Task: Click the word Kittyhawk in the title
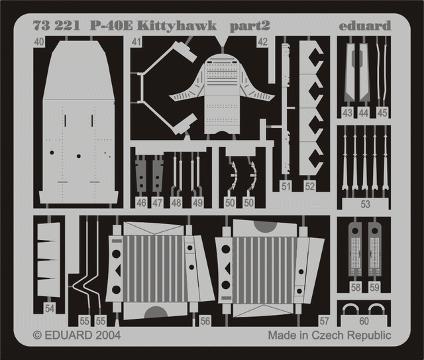click(177, 27)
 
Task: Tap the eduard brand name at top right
click(365, 26)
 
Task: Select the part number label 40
click(40, 42)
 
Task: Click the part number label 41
click(136, 42)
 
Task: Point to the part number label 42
click(262, 42)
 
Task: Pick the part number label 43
click(347, 113)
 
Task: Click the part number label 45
click(382, 113)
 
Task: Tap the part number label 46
click(141, 203)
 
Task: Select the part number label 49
click(197, 203)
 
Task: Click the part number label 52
click(310, 186)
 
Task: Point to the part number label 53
click(365, 204)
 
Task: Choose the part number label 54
click(50, 308)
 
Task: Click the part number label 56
click(205, 321)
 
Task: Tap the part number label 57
click(324, 321)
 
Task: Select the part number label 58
click(356, 288)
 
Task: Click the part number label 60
click(364, 321)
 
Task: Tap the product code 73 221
click(56, 27)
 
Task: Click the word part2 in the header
click(250, 27)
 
